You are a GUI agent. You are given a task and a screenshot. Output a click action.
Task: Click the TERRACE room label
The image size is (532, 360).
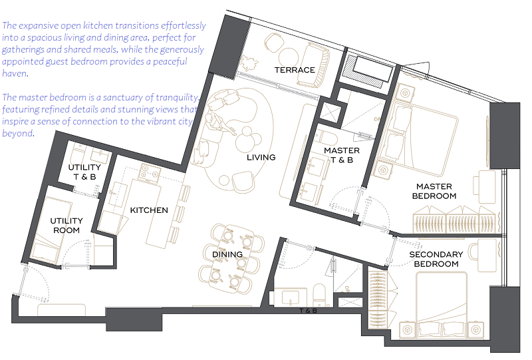(x=295, y=70)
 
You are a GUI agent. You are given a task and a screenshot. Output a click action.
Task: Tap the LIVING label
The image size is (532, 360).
(x=261, y=157)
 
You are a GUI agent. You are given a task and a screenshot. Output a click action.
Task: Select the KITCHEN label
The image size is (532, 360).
(x=149, y=210)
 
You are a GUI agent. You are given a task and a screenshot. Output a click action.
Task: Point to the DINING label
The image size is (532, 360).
(x=227, y=254)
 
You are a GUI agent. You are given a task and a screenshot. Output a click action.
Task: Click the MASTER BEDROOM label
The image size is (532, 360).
(x=434, y=191)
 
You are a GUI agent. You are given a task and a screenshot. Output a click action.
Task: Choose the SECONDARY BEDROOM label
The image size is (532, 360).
(x=436, y=259)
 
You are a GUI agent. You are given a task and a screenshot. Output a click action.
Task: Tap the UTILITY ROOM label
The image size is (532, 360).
(x=66, y=226)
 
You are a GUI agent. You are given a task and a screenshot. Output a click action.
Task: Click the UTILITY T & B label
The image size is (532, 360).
(x=84, y=172)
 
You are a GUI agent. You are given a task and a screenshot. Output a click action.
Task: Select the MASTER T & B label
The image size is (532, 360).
(x=342, y=155)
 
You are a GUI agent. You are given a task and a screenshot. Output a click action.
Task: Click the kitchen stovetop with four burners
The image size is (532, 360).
(x=151, y=172)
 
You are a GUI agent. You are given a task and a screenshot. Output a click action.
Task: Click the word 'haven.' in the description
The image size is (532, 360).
(x=15, y=73)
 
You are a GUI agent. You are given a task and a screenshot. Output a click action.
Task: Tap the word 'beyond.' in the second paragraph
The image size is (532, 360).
(x=19, y=133)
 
